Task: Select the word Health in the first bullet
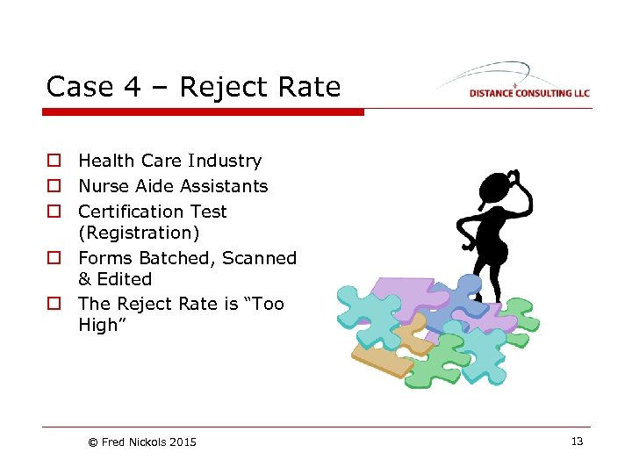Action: pos(104,161)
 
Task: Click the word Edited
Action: pos(125,279)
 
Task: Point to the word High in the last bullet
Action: pos(98,325)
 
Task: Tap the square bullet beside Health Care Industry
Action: pos(54,161)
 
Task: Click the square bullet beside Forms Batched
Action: pos(54,258)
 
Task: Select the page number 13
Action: pos(577,442)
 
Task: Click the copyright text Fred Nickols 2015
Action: pos(143,442)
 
